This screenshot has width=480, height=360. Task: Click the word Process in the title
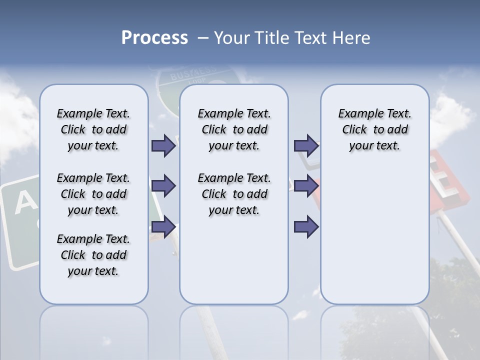[154, 37]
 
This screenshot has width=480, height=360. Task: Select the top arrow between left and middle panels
[163, 145]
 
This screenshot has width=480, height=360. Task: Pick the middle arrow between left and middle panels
[163, 186]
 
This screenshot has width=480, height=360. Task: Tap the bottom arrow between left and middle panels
[163, 227]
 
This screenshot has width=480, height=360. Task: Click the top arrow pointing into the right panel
[306, 145]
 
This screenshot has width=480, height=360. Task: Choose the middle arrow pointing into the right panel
[306, 186]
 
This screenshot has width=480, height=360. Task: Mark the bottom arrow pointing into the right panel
[306, 227]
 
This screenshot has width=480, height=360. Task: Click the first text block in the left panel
[93, 129]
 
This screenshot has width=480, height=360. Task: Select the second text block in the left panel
[93, 194]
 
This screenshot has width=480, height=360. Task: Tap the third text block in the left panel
[93, 255]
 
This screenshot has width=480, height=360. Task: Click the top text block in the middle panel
[234, 129]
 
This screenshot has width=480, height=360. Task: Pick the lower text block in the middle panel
[234, 194]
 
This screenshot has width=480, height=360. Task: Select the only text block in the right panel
[374, 129]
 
